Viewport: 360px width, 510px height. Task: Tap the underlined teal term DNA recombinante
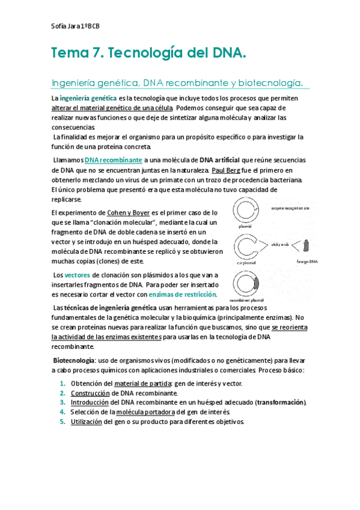point(114,161)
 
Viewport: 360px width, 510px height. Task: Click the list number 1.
point(63,383)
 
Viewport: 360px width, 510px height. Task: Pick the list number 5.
point(63,422)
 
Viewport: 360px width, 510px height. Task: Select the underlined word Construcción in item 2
point(90,393)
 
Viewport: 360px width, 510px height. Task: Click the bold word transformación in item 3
point(281,402)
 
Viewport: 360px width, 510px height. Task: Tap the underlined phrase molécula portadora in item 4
point(145,412)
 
